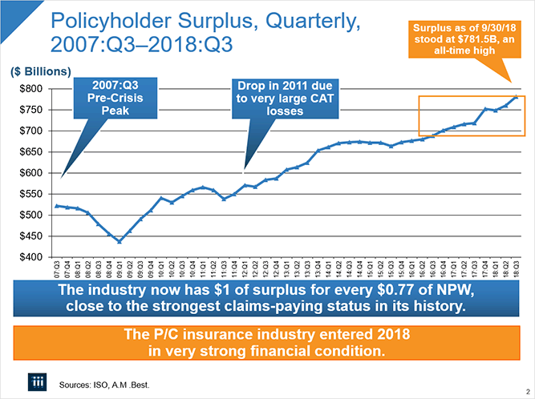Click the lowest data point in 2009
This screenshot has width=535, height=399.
click(120, 241)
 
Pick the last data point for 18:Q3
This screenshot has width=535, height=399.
click(515, 97)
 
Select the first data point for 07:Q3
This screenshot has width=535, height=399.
click(57, 206)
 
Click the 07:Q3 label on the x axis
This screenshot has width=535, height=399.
click(57, 268)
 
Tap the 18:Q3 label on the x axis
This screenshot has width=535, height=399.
click(515, 268)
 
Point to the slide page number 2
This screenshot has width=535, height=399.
click(525, 392)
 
